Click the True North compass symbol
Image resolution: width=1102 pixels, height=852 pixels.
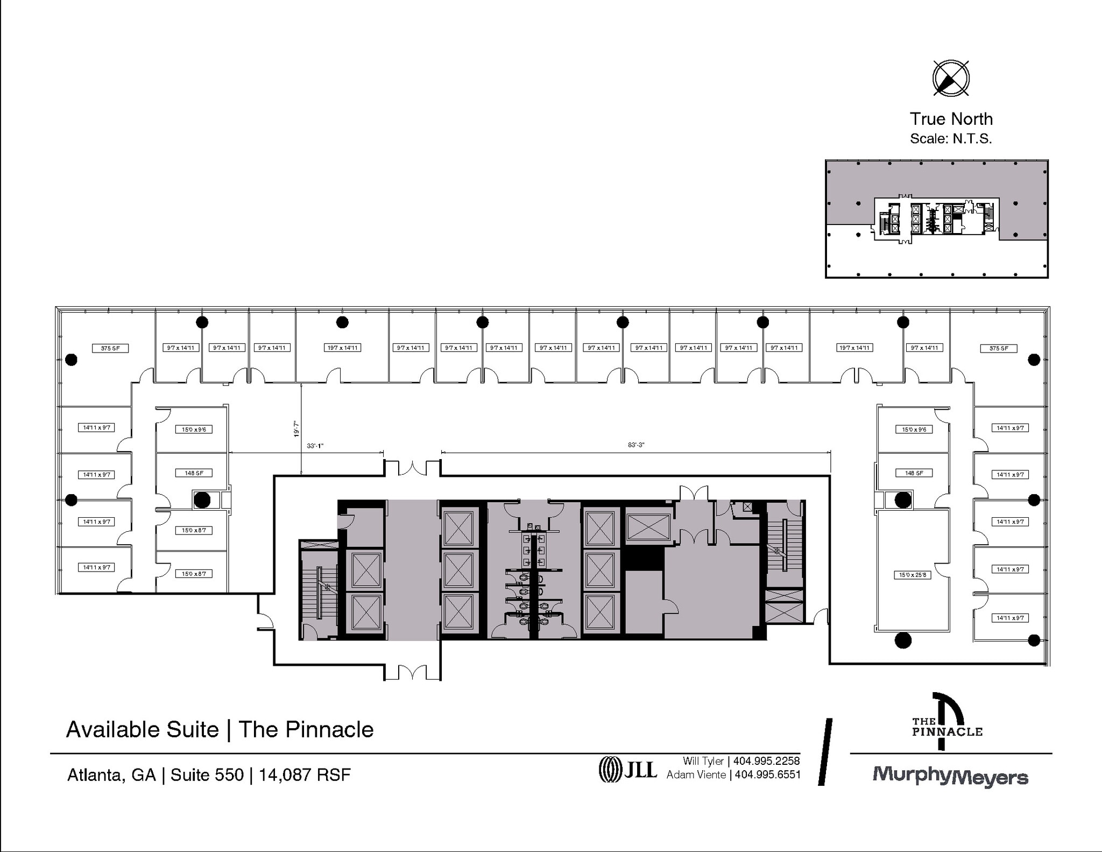pos(951,79)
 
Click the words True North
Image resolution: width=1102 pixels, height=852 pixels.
pos(951,118)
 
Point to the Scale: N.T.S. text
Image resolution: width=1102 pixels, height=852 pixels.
pos(951,138)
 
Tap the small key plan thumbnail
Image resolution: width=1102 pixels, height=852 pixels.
pos(937,219)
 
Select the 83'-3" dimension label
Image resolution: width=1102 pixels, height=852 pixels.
pos(636,445)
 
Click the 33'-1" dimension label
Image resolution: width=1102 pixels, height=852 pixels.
pos(315,446)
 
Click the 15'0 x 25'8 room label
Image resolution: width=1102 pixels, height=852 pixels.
pos(913,575)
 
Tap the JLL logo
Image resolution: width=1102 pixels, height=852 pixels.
pos(627,770)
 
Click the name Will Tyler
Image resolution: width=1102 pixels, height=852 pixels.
pos(703,761)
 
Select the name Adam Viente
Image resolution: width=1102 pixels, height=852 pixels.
pos(696,775)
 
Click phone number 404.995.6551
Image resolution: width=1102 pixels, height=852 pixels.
pos(767,775)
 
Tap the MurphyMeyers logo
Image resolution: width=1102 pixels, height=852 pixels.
pos(950,777)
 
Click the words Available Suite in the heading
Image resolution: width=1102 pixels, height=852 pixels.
pos(143,730)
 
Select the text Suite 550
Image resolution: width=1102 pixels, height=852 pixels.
pos(207,775)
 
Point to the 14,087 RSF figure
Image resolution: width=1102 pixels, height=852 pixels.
pos(305,775)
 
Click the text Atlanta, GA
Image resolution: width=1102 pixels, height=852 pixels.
pos(111,775)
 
